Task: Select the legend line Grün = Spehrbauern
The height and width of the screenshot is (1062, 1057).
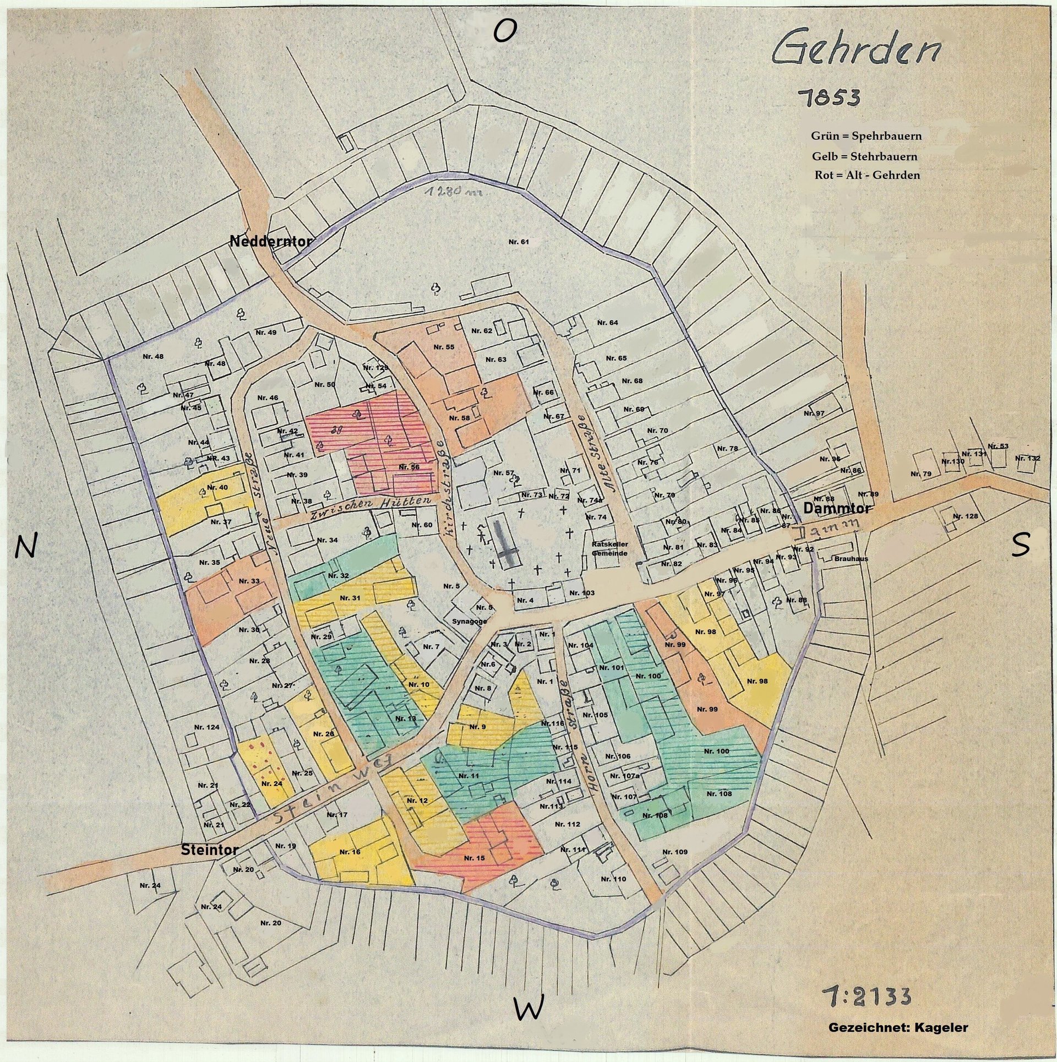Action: [865, 136]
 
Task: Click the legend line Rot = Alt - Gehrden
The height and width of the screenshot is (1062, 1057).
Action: [867, 176]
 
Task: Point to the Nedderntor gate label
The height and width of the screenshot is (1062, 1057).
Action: [271, 241]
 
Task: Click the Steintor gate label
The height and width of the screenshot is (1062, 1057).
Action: [209, 850]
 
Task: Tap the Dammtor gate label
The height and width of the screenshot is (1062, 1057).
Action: [837, 509]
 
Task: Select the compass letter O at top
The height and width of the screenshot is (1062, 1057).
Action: [504, 31]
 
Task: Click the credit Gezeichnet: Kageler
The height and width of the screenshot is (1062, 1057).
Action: [897, 1028]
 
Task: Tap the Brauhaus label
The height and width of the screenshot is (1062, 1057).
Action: [851, 558]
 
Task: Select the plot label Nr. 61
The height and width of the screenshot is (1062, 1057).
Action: [518, 242]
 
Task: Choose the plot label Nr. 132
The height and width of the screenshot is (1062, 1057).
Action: [1027, 458]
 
